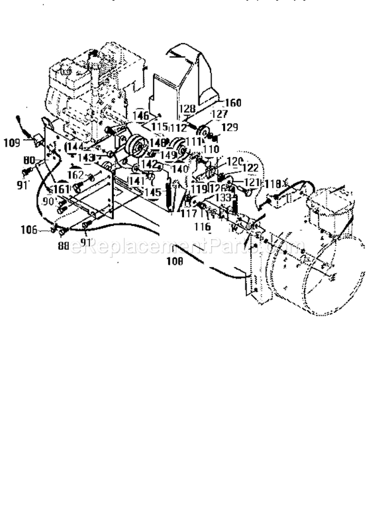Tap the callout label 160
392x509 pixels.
click(233, 103)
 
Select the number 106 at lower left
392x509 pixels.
click(29, 228)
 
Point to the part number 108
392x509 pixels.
click(175, 263)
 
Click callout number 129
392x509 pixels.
click(230, 127)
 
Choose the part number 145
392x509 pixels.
click(154, 193)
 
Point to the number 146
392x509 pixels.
click(140, 116)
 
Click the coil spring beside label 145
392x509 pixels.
click(168, 197)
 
